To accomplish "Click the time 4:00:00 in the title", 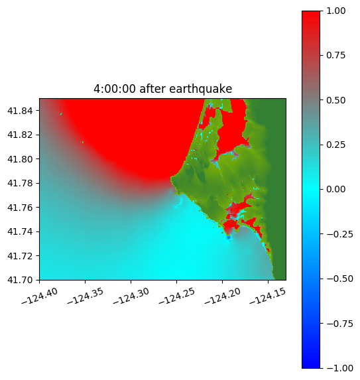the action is (115, 89).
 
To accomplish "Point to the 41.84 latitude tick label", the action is (20, 111).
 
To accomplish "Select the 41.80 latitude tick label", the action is (20, 159).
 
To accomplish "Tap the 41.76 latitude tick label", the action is (20, 208).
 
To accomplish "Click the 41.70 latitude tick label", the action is (20, 280).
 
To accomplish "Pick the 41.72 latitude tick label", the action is (20, 256).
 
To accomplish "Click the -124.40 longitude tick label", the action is (40, 296).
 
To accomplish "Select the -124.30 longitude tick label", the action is (131, 296).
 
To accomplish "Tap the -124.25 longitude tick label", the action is (176, 296).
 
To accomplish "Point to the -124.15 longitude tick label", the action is (268, 296).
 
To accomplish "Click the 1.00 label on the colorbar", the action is (335, 11).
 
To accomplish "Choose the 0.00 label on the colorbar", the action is (335, 189).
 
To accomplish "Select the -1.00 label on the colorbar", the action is (339, 368).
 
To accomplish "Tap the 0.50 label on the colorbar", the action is (335, 100).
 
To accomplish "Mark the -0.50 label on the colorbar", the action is (339, 279).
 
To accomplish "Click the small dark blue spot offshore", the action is (229, 237).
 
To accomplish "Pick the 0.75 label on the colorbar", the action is (335, 56).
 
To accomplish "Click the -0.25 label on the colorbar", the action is (339, 234).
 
